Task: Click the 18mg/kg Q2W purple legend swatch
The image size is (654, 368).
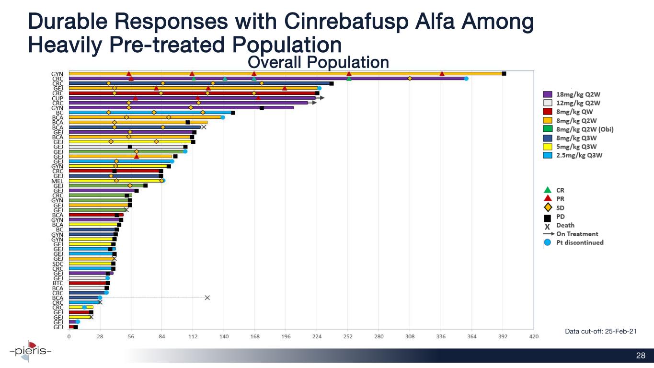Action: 547,94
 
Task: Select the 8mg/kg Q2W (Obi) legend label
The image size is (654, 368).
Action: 585,129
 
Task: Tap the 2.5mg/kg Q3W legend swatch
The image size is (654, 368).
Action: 547,155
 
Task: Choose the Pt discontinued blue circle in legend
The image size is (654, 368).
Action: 547,242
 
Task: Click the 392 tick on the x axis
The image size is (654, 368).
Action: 503,336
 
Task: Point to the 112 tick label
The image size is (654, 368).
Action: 193,336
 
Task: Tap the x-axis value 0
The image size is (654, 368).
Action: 69,336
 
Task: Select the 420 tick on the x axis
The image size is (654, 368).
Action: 533,336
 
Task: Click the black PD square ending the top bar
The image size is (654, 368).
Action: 504,73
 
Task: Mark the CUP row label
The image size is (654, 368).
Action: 57,98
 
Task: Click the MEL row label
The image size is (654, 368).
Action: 57,181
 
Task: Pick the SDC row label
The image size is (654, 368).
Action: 57,264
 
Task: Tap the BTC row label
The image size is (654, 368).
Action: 57,283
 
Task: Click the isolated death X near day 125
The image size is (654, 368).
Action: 207,298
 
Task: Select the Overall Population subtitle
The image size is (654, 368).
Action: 318,62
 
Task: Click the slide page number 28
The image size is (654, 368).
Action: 641,356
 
